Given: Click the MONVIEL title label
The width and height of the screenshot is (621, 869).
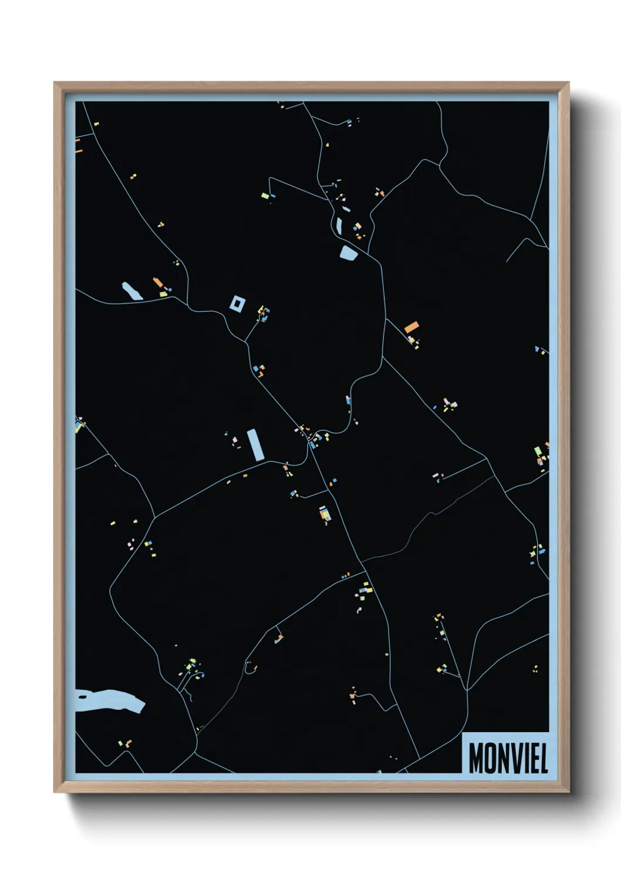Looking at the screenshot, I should coord(508,758).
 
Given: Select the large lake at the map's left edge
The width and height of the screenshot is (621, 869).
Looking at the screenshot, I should coord(112,700).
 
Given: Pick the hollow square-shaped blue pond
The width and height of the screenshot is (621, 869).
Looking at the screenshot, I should coord(237,304).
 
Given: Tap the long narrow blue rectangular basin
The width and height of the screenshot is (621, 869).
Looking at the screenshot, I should coord(255,444).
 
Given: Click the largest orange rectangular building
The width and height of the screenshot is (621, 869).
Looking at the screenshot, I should coord(411,326).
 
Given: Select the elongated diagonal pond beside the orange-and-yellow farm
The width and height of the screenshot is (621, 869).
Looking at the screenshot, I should coord(131,291).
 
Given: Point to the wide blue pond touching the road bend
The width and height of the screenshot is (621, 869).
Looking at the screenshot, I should coord(349,254).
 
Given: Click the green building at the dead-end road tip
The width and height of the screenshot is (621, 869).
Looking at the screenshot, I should coord(265,195).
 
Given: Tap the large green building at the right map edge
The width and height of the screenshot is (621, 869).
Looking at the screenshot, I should coord(538,452).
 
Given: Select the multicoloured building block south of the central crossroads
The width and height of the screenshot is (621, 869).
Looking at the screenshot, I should coord(324,514).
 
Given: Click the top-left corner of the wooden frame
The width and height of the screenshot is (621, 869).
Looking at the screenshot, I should coord(55,83).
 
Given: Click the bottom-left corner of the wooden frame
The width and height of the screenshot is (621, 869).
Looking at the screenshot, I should coord(55,792).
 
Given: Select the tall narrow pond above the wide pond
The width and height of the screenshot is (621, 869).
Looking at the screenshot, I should coord(339,224).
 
